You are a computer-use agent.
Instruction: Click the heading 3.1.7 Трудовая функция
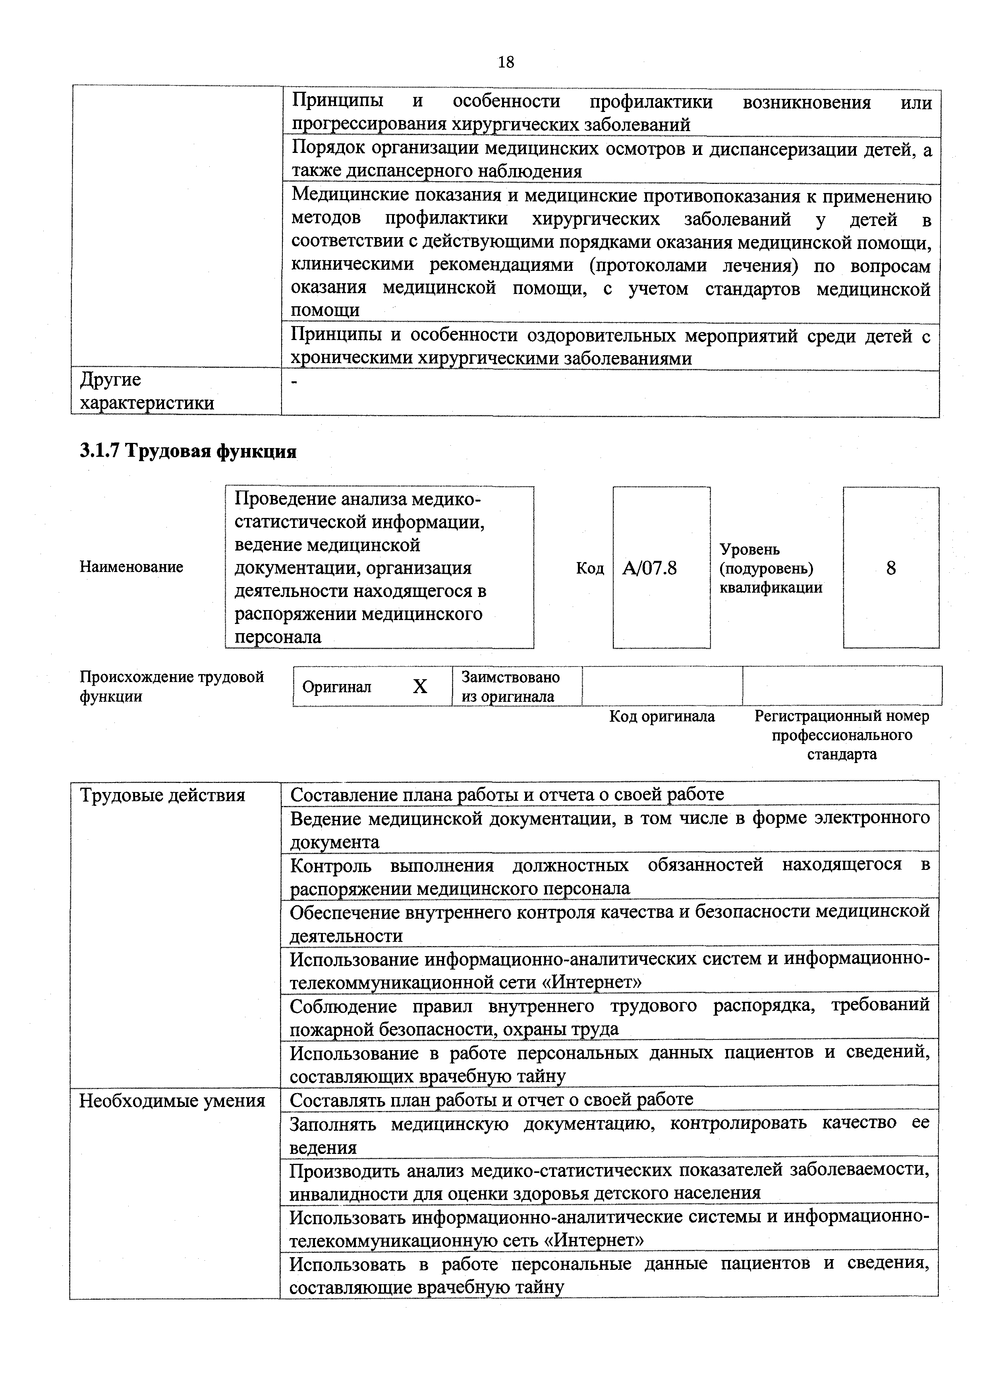[188, 451]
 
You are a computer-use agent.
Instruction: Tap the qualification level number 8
[890, 568]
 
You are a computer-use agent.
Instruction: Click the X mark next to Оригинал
[420, 686]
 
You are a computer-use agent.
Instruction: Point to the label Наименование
[131, 567]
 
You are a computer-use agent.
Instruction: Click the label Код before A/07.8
[589, 568]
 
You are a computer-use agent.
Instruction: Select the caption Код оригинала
[662, 717]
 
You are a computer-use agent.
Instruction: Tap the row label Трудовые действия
[162, 795]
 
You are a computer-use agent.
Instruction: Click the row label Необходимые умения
[172, 1101]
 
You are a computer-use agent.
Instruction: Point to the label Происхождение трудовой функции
[172, 686]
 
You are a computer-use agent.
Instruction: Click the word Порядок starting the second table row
[328, 149]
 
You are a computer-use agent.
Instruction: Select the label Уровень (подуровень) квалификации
[770, 568]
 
